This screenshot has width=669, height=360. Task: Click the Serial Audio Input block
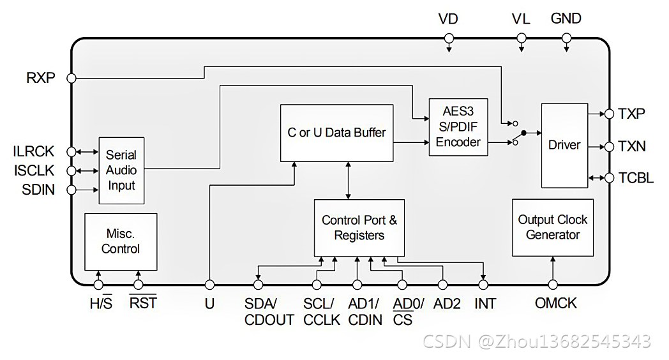pos(121,170)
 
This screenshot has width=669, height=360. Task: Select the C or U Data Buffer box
pos(336,133)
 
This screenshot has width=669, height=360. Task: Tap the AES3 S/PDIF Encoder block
pos(458,126)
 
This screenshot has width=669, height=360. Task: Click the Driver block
pos(564,146)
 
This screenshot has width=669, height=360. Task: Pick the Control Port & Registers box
pos(359,228)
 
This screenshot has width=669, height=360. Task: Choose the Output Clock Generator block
pos(552,227)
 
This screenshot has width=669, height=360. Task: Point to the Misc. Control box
pos(121,241)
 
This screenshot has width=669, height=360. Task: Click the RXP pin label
pos(41,78)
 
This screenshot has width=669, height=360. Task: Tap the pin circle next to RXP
pos(71,78)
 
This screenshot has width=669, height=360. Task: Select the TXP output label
pos(631,114)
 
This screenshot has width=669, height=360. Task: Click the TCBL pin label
pos(636,178)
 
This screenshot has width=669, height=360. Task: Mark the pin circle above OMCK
pos(553,284)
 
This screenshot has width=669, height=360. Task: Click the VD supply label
pos(448,19)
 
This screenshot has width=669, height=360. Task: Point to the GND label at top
pos(566,19)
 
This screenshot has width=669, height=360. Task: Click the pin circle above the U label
pos(209,284)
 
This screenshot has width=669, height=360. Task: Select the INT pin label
pos(485,304)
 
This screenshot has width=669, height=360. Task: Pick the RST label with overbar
pos(143,304)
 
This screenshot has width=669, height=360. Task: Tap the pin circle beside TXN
pos(608,146)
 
